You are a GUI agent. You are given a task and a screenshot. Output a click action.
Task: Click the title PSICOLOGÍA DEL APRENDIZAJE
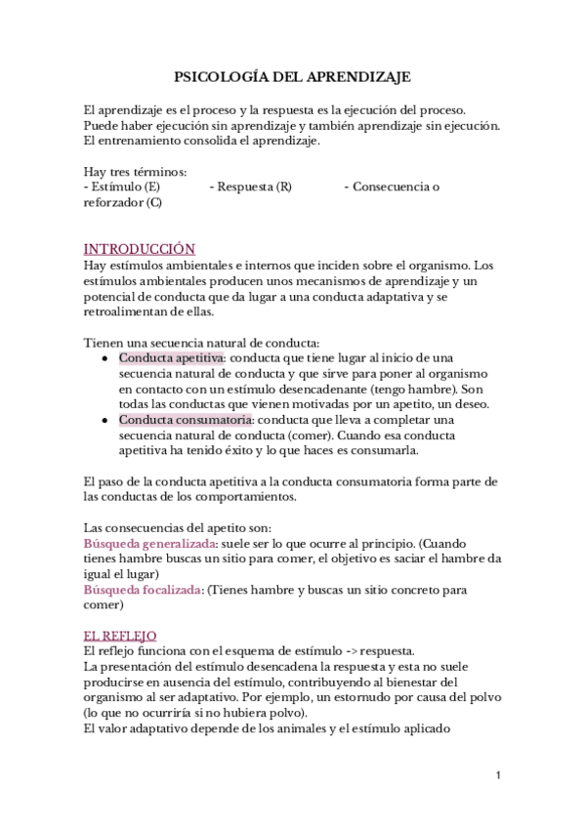click(x=292, y=75)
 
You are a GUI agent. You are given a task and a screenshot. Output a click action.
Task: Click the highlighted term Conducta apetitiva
click(x=171, y=358)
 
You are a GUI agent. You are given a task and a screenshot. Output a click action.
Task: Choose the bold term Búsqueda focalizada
click(x=145, y=590)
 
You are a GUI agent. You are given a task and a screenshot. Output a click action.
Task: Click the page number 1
click(x=498, y=775)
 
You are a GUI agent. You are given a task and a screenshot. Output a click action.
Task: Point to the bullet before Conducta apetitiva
click(x=104, y=359)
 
